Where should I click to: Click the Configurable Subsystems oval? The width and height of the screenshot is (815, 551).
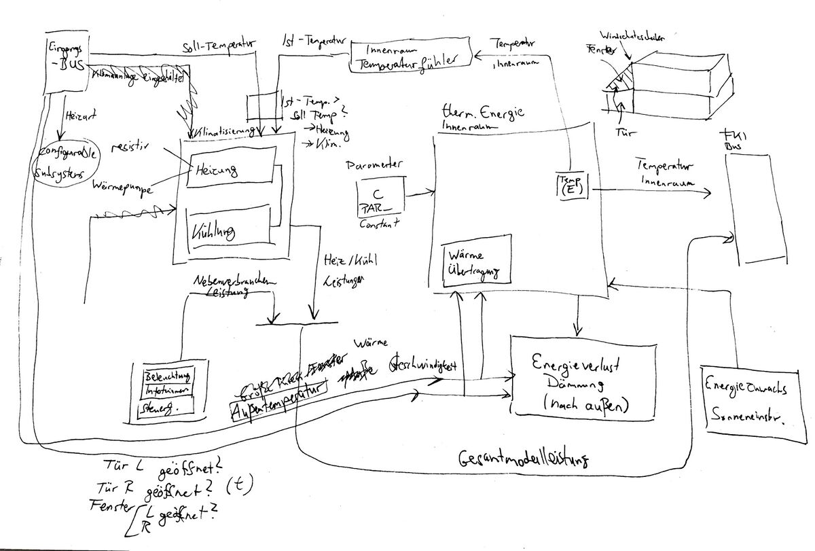click(x=65, y=164)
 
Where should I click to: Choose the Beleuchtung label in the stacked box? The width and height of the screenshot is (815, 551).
click(x=168, y=376)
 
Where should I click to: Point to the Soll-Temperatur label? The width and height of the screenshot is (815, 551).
click(x=218, y=46)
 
